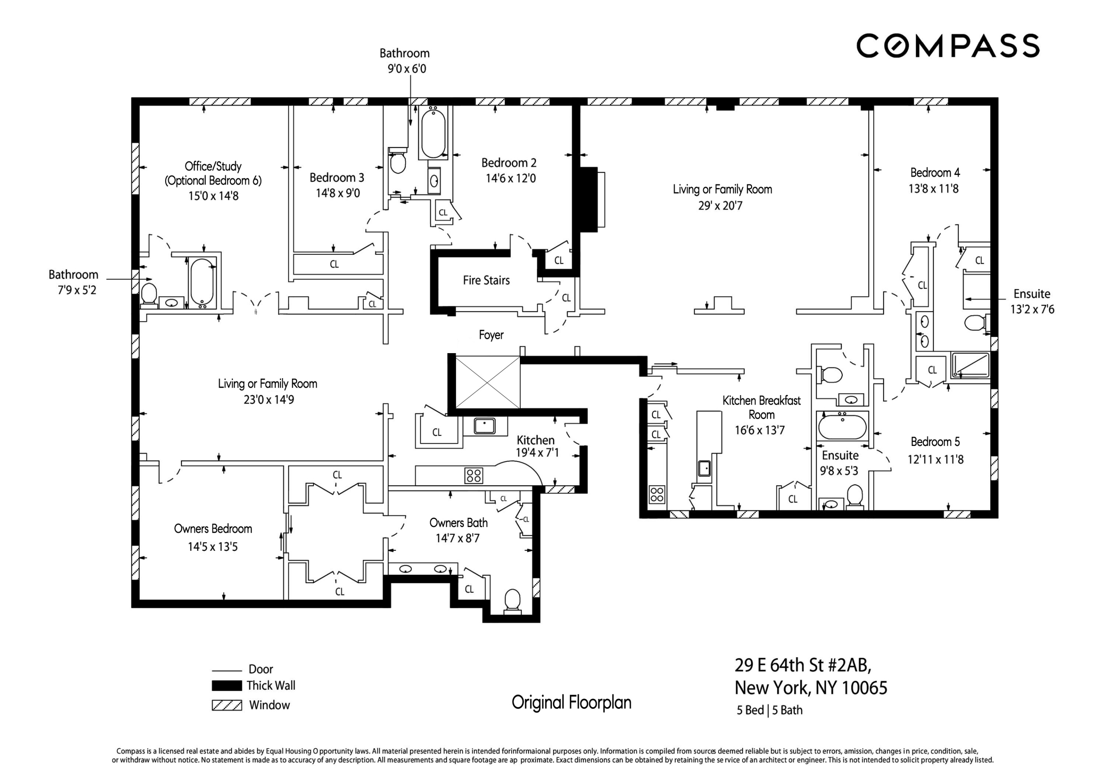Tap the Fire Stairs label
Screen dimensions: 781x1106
point(486,280)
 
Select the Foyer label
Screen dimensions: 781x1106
point(491,335)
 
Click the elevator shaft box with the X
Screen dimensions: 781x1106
point(487,382)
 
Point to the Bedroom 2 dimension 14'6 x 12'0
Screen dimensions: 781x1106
point(510,178)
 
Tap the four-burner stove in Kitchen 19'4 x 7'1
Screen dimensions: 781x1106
point(474,475)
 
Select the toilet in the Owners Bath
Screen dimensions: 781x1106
point(512,601)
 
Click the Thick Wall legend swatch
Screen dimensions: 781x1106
point(227,685)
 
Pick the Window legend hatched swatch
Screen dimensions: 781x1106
point(227,705)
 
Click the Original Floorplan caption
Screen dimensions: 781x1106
point(571,703)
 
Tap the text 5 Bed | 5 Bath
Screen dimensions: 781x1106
point(769,710)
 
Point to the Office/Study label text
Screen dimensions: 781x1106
point(213,167)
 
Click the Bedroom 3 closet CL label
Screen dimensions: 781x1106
point(334,264)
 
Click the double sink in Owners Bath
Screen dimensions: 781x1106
point(423,569)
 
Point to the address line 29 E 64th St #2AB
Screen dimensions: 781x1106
point(803,665)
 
